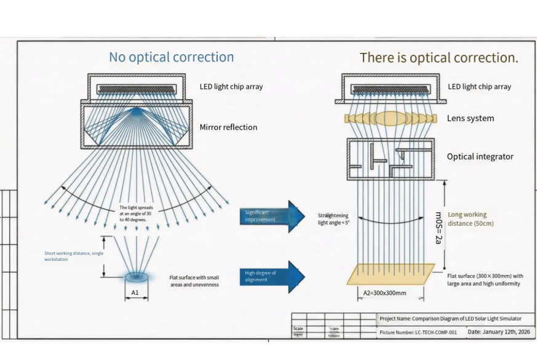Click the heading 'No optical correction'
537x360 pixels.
point(171,57)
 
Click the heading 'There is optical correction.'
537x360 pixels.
point(439,58)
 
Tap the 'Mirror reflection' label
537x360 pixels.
point(228,127)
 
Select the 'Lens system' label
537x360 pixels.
point(470,118)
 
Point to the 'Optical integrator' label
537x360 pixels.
point(480,156)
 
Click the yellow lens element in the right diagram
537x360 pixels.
point(391,118)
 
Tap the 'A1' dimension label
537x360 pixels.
point(135,293)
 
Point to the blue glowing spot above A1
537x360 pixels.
point(135,276)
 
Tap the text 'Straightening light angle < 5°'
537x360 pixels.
point(333,219)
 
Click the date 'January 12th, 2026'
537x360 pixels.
point(498,332)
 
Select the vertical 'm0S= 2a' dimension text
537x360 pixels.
point(439,228)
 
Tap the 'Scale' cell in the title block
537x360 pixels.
point(299,329)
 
